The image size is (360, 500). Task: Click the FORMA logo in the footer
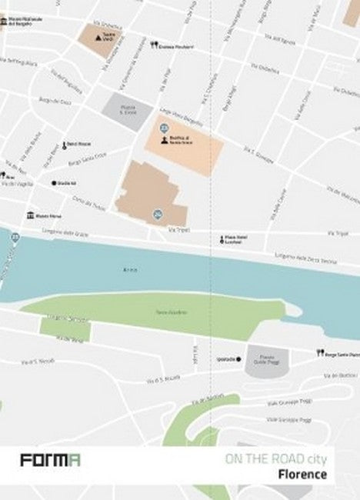coord(51,461)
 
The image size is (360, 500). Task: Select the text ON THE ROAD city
coord(275,460)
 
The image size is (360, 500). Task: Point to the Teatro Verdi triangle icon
coord(97,37)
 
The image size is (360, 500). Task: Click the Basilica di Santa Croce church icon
coord(164,141)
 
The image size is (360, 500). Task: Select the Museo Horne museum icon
coord(30,215)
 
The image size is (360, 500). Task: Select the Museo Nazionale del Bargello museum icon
coord(4,21)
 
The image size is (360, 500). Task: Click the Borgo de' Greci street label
coord(55,101)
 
